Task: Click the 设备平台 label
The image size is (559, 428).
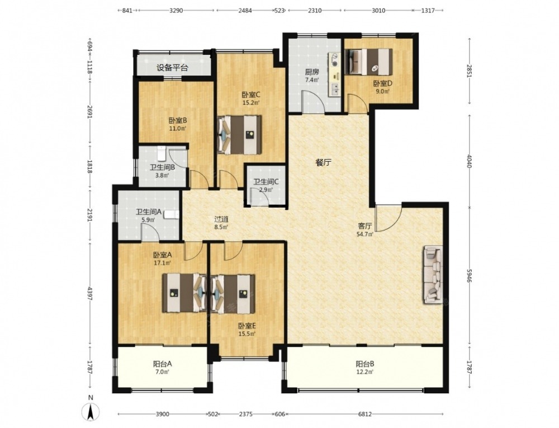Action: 172,67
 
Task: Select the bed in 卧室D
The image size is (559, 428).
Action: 368,62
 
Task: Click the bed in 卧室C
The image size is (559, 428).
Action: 239,134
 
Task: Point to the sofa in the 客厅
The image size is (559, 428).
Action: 433,275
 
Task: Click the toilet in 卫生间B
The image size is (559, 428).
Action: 162,153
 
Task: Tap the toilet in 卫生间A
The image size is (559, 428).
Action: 172,214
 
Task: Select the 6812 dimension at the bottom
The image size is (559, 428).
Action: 364,414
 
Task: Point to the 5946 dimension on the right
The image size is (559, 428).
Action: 469,276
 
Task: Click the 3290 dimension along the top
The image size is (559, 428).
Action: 176,11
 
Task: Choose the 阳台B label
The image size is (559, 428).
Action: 364,364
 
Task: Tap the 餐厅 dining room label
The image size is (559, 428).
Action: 324,163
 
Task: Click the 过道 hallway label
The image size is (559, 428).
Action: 221,219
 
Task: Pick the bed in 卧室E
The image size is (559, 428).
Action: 233,294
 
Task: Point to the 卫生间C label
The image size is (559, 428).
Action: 266,181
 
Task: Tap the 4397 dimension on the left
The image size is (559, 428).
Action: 90,294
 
